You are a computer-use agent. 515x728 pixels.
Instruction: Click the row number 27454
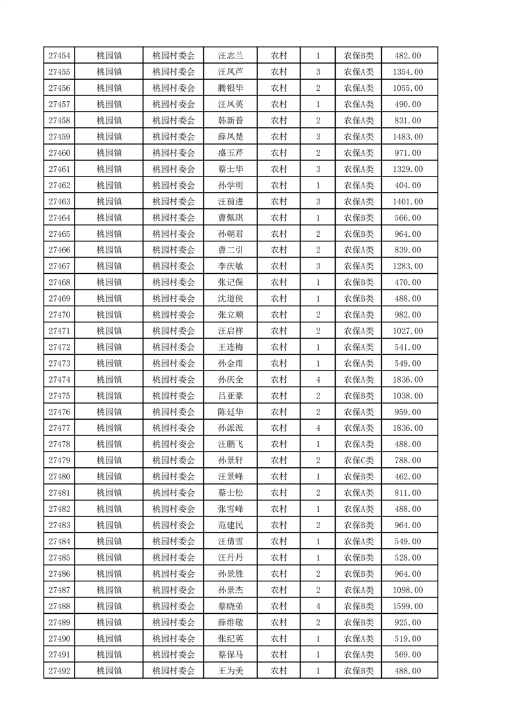(59, 56)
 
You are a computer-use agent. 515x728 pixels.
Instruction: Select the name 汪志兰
(231, 56)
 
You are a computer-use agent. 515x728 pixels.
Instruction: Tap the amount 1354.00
(408, 72)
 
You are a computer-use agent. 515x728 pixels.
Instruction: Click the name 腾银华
(231, 88)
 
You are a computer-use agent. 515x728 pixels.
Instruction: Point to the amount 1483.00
(408, 137)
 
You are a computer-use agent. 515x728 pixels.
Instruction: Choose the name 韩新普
(231, 121)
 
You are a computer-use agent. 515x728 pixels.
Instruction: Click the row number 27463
(59, 202)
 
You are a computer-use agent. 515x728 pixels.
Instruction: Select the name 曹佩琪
(231, 218)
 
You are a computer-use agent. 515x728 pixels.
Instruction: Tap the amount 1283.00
(408, 266)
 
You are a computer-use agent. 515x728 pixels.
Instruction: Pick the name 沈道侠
(231, 298)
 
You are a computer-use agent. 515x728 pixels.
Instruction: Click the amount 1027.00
(408, 331)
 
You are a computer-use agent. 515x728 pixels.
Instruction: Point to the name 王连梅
(231, 347)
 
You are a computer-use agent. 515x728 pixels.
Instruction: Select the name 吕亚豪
(231, 396)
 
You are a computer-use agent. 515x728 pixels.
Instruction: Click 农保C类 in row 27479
(358, 461)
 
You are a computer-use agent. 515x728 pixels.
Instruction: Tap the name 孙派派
(231, 428)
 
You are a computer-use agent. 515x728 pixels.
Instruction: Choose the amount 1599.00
(408, 606)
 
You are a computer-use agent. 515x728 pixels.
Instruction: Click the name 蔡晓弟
(231, 606)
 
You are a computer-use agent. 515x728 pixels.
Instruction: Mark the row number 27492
(59, 671)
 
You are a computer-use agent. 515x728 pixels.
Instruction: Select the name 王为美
(231, 671)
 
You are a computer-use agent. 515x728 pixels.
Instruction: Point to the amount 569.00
(408, 655)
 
